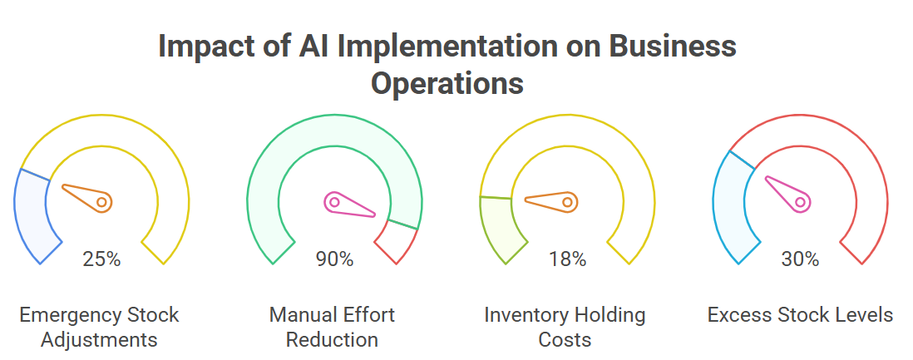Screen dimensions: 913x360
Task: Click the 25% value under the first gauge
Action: (101, 259)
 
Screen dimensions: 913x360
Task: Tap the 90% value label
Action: (334, 259)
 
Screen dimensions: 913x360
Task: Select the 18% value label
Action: (567, 259)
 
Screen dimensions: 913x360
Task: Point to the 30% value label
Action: (800, 259)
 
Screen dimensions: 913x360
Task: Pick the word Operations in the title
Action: (447, 83)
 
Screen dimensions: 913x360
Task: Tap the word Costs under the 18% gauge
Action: (565, 339)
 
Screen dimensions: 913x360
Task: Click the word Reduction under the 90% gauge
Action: (333, 339)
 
